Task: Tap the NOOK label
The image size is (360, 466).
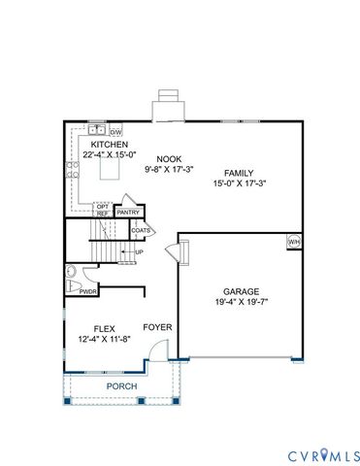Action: coord(170,158)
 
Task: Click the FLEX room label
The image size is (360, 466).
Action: coord(104,328)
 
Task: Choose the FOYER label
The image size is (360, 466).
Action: coord(158,327)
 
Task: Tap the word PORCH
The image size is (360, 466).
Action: coord(121,386)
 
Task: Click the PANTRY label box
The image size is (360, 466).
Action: coord(129,212)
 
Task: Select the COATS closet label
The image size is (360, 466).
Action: coord(142,230)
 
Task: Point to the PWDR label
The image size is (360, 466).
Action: coord(86,291)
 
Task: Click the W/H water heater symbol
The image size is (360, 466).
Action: coord(293,241)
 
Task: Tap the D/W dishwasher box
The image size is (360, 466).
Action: coord(115,130)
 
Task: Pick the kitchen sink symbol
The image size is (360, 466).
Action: coord(96,130)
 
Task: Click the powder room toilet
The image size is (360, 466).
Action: coord(72,273)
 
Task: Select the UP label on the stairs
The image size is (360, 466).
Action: coord(139,252)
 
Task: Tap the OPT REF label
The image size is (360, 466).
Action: coord(102,210)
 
